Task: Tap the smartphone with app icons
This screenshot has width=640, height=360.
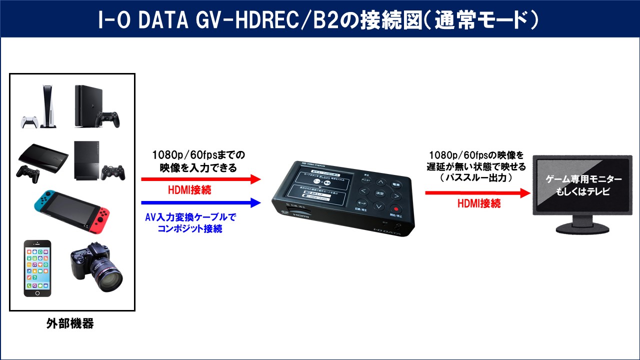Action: coord(37,268)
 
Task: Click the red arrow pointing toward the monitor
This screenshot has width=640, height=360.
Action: coord(477,192)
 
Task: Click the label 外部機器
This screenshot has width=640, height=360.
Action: coord(70,323)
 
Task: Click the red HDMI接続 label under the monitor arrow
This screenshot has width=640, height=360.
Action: coord(478,203)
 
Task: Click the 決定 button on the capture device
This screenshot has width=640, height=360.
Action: coord(379,193)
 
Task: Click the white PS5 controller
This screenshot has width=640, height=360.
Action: coord(29,122)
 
